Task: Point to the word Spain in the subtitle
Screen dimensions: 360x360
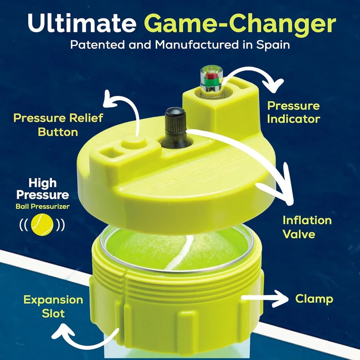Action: coord(272,45)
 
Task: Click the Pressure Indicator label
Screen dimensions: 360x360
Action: coord(293,112)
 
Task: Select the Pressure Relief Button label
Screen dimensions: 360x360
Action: coord(58,125)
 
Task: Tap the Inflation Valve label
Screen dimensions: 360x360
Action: coord(307,227)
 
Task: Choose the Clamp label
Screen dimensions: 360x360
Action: coord(314,298)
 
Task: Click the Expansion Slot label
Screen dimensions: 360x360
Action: coord(54,306)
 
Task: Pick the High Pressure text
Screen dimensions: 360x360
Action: coord(49,189)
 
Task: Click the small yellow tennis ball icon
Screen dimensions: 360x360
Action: coord(41,224)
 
